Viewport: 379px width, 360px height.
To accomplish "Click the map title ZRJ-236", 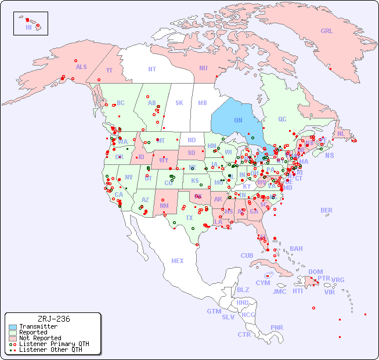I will coord(53,319).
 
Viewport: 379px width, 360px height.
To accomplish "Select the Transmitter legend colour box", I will coord(12,326).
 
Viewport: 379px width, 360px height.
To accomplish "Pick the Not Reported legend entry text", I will coord(39,338).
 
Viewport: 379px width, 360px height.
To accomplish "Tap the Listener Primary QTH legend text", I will coord(53,344).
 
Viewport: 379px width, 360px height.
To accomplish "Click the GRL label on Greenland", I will coord(327,31).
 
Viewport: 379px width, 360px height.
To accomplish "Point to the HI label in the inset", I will coord(28,27).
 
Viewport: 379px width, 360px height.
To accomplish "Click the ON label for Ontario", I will coord(238,120).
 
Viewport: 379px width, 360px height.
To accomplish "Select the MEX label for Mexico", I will coord(178,261).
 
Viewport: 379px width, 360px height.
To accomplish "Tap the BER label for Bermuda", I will coord(326,210).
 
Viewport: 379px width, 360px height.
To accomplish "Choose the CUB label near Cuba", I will coord(247,255).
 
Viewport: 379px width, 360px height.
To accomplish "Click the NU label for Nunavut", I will coord(203,68).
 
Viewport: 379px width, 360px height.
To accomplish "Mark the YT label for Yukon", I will coord(109,70).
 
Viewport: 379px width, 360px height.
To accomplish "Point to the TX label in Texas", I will coord(189,218).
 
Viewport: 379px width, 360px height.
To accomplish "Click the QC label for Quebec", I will coord(282,119).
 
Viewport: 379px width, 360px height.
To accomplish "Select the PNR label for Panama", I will coord(277,327).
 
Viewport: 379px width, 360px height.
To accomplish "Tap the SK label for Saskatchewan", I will coord(179,103).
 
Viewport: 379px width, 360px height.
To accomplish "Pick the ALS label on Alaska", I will coord(81,67).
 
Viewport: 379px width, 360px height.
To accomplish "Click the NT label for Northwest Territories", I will coord(151,69).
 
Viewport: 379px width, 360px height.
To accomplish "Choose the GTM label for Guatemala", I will coord(214,311).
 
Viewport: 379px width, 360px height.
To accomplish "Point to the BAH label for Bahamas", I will coord(296,249).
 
